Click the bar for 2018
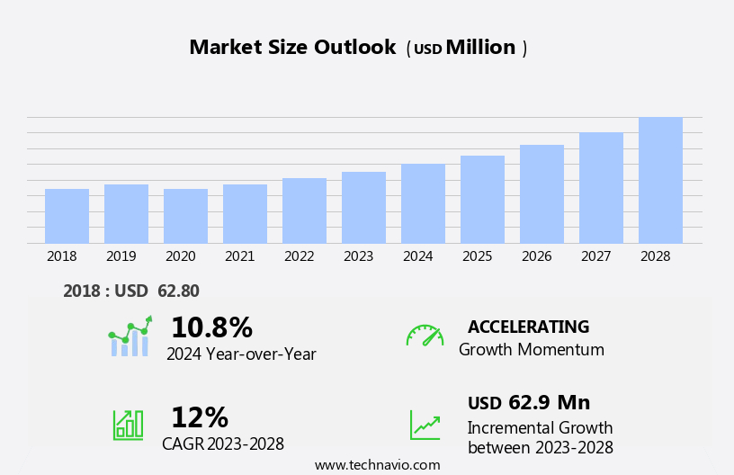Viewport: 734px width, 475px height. tap(67, 216)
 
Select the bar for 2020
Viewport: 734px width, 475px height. tap(185, 216)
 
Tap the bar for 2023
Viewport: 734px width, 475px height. tap(363, 208)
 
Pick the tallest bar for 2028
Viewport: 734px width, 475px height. tap(660, 180)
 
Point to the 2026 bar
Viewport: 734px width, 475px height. tap(542, 194)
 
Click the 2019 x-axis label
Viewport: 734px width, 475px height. tap(121, 256)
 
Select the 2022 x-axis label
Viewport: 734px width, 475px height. tap(299, 256)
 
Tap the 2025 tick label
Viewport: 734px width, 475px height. tap(477, 256)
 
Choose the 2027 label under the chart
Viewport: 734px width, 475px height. tap(595, 256)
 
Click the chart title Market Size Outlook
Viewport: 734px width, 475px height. tap(292, 48)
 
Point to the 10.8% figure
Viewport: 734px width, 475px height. tap(211, 327)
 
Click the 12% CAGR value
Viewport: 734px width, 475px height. tap(200, 417)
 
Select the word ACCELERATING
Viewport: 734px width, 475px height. tap(528, 327)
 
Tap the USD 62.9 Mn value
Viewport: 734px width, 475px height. tap(529, 402)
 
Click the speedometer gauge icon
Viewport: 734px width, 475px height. tap(425, 336)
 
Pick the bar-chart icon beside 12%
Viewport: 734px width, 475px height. tap(128, 424)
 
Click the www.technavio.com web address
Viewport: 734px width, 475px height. tap(377, 465)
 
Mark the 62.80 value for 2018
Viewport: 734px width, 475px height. tap(178, 291)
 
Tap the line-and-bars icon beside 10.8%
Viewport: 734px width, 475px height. tap(130, 336)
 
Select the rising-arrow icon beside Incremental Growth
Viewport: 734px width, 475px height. tap(425, 425)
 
